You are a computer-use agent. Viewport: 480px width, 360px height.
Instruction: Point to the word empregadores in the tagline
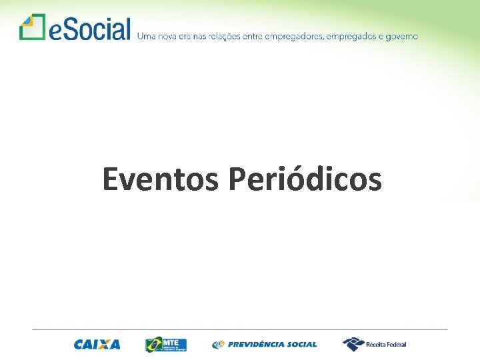click(x=293, y=36)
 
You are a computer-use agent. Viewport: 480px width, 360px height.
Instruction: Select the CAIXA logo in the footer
click(x=97, y=345)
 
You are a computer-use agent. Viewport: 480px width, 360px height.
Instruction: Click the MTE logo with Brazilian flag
click(x=166, y=344)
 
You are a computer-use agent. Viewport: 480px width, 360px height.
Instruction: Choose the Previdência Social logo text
click(x=272, y=345)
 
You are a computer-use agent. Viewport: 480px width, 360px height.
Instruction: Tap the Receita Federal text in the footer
click(x=386, y=345)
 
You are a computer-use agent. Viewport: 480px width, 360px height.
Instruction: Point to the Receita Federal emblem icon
click(x=353, y=344)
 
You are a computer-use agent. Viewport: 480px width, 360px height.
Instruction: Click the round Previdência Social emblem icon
click(x=218, y=345)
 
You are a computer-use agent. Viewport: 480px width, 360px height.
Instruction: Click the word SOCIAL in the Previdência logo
click(x=303, y=345)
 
